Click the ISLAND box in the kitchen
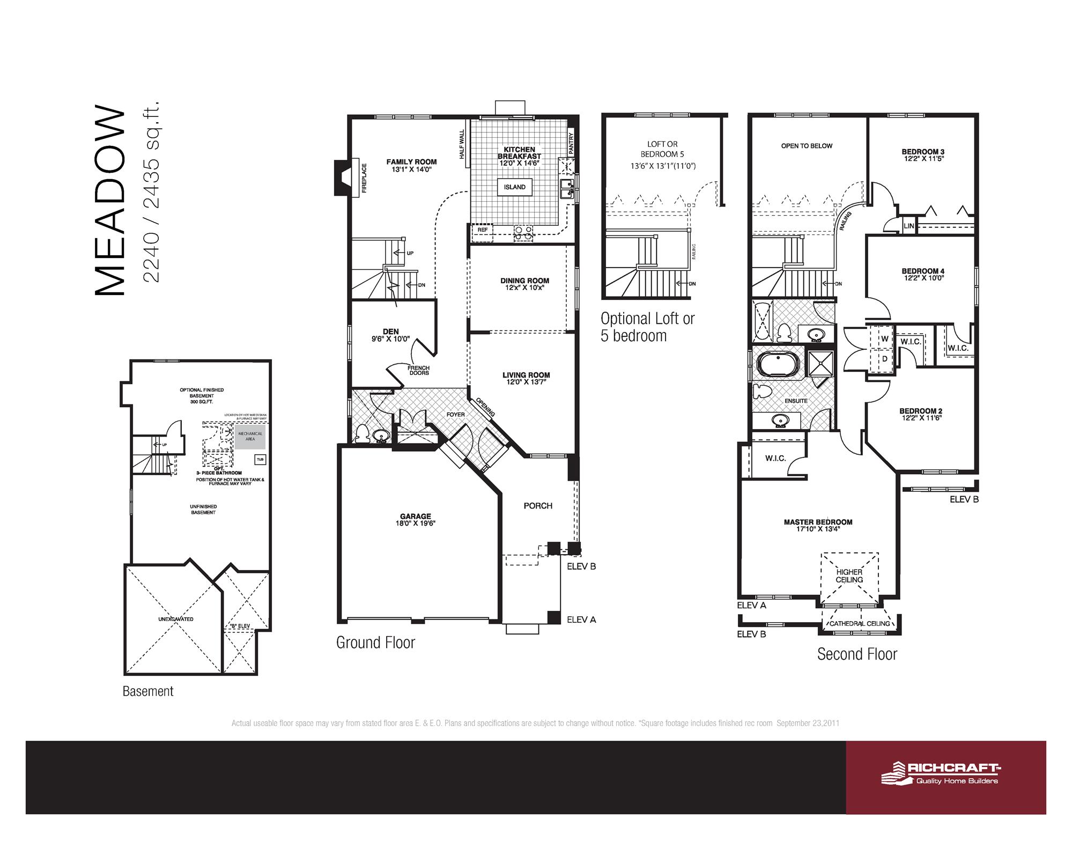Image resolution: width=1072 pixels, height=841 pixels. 514,187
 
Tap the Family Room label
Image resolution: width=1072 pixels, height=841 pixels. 411,161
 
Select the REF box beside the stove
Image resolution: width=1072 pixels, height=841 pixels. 482,230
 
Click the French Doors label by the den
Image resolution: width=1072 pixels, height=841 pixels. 419,370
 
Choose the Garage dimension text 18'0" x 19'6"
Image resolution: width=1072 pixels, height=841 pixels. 415,523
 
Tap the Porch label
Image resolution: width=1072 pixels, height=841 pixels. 538,506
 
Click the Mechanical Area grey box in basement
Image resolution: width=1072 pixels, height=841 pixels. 250,437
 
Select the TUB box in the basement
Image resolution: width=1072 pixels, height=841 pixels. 260,460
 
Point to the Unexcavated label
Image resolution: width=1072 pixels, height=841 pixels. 176,619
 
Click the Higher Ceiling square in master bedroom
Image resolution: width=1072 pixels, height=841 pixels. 849,577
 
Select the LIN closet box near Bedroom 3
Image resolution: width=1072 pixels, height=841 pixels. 908,226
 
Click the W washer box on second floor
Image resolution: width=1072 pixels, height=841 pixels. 884,339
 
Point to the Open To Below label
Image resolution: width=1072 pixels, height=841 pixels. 807,146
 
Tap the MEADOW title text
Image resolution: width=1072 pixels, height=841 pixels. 110,202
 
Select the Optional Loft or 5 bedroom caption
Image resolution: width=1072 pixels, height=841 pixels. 647,327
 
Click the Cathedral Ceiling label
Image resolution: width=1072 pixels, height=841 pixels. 859,623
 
